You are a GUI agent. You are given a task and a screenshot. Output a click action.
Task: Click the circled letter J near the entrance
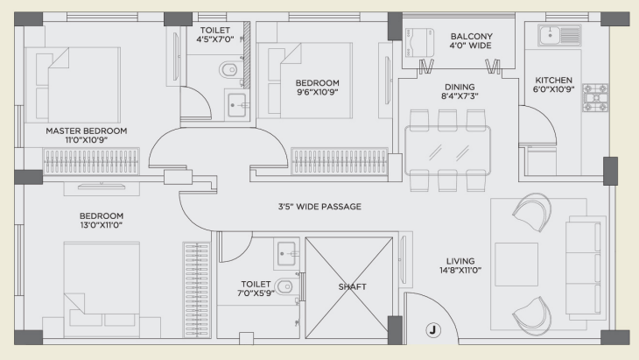pyautogui.click(x=432, y=330)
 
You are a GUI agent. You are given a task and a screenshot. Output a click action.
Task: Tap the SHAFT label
pyautogui.click(x=352, y=287)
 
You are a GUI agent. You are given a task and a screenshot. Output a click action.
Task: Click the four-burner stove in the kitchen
pyautogui.click(x=595, y=98)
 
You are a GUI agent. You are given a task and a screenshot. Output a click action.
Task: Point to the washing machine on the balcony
pyautogui.click(x=419, y=42)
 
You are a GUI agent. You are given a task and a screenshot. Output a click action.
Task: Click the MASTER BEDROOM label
pyautogui.click(x=87, y=131)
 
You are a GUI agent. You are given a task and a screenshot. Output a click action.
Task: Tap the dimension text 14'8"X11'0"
pyautogui.click(x=460, y=270)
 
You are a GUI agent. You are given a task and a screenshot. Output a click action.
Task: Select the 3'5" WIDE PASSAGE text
pyautogui.click(x=319, y=207)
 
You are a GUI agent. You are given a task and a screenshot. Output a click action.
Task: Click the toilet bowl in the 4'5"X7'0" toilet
pyautogui.click(x=228, y=70)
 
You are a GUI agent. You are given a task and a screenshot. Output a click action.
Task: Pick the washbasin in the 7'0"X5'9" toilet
pyautogui.click(x=288, y=254)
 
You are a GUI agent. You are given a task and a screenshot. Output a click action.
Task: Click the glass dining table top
pyautogui.click(x=447, y=151)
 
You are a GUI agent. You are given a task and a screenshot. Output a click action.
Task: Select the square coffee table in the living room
pyautogui.click(x=516, y=265)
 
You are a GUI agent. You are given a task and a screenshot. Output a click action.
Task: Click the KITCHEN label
pyautogui.click(x=553, y=81)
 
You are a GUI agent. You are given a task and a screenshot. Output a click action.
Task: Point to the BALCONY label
pyautogui.click(x=471, y=36)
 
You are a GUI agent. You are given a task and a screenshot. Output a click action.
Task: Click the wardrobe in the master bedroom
pyautogui.click(x=91, y=161)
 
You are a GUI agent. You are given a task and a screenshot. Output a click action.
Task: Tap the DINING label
pyautogui.click(x=460, y=87)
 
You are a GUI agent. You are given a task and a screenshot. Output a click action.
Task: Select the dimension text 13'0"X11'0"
pyautogui.click(x=102, y=225)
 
